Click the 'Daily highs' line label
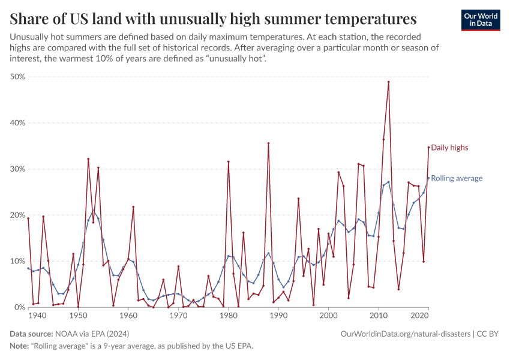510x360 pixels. (x=449, y=148)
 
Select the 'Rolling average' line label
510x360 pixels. (x=457, y=178)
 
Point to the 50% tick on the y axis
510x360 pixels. (x=17, y=77)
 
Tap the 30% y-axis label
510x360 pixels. (x=17, y=169)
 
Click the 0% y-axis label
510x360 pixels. (x=20, y=307)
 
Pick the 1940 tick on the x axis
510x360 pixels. (x=38, y=316)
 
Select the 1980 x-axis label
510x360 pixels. (x=228, y=316)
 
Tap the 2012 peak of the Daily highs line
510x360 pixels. (x=389, y=82)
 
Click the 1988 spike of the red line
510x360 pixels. (x=268, y=143)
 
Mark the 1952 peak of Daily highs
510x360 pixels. (x=88, y=159)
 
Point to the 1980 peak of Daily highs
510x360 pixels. (x=229, y=161)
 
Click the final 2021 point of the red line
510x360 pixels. (x=428, y=147)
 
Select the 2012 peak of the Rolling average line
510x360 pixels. (x=389, y=182)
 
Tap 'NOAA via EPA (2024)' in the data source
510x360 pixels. (x=91, y=334)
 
